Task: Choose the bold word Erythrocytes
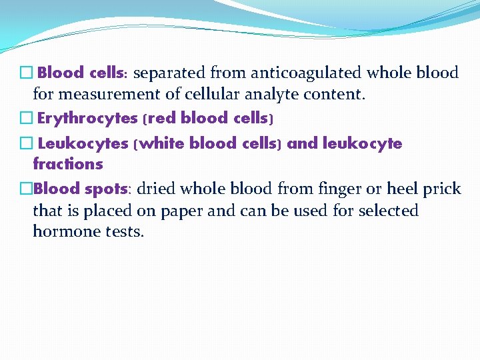point(88,119)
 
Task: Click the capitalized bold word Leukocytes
point(83,143)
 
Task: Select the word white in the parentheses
point(163,143)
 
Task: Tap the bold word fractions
point(68,164)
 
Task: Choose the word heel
point(398,189)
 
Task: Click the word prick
point(439,189)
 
